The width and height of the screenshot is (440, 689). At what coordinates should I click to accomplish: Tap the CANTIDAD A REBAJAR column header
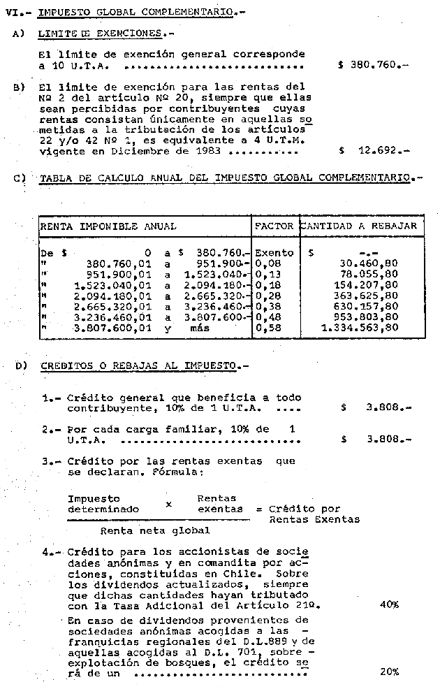click(360, 226)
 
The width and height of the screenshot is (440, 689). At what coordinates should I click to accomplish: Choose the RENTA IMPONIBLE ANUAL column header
click(108, 226)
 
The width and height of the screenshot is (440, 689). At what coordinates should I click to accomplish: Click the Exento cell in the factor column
click(274, 252)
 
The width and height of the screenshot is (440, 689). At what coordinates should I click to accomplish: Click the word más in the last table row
click(199, 326)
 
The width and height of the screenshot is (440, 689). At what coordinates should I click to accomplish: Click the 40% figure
click(389, 604)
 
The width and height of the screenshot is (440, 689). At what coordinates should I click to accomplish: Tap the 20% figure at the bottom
click(389, 672)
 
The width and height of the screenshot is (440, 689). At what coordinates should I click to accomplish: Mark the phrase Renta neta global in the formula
click(145, 530)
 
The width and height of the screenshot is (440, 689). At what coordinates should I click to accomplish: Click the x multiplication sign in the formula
click(168, 504)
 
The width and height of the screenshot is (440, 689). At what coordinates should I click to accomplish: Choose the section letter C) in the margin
click(20, 177)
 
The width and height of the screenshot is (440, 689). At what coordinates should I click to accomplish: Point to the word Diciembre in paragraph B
click(139, 150)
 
